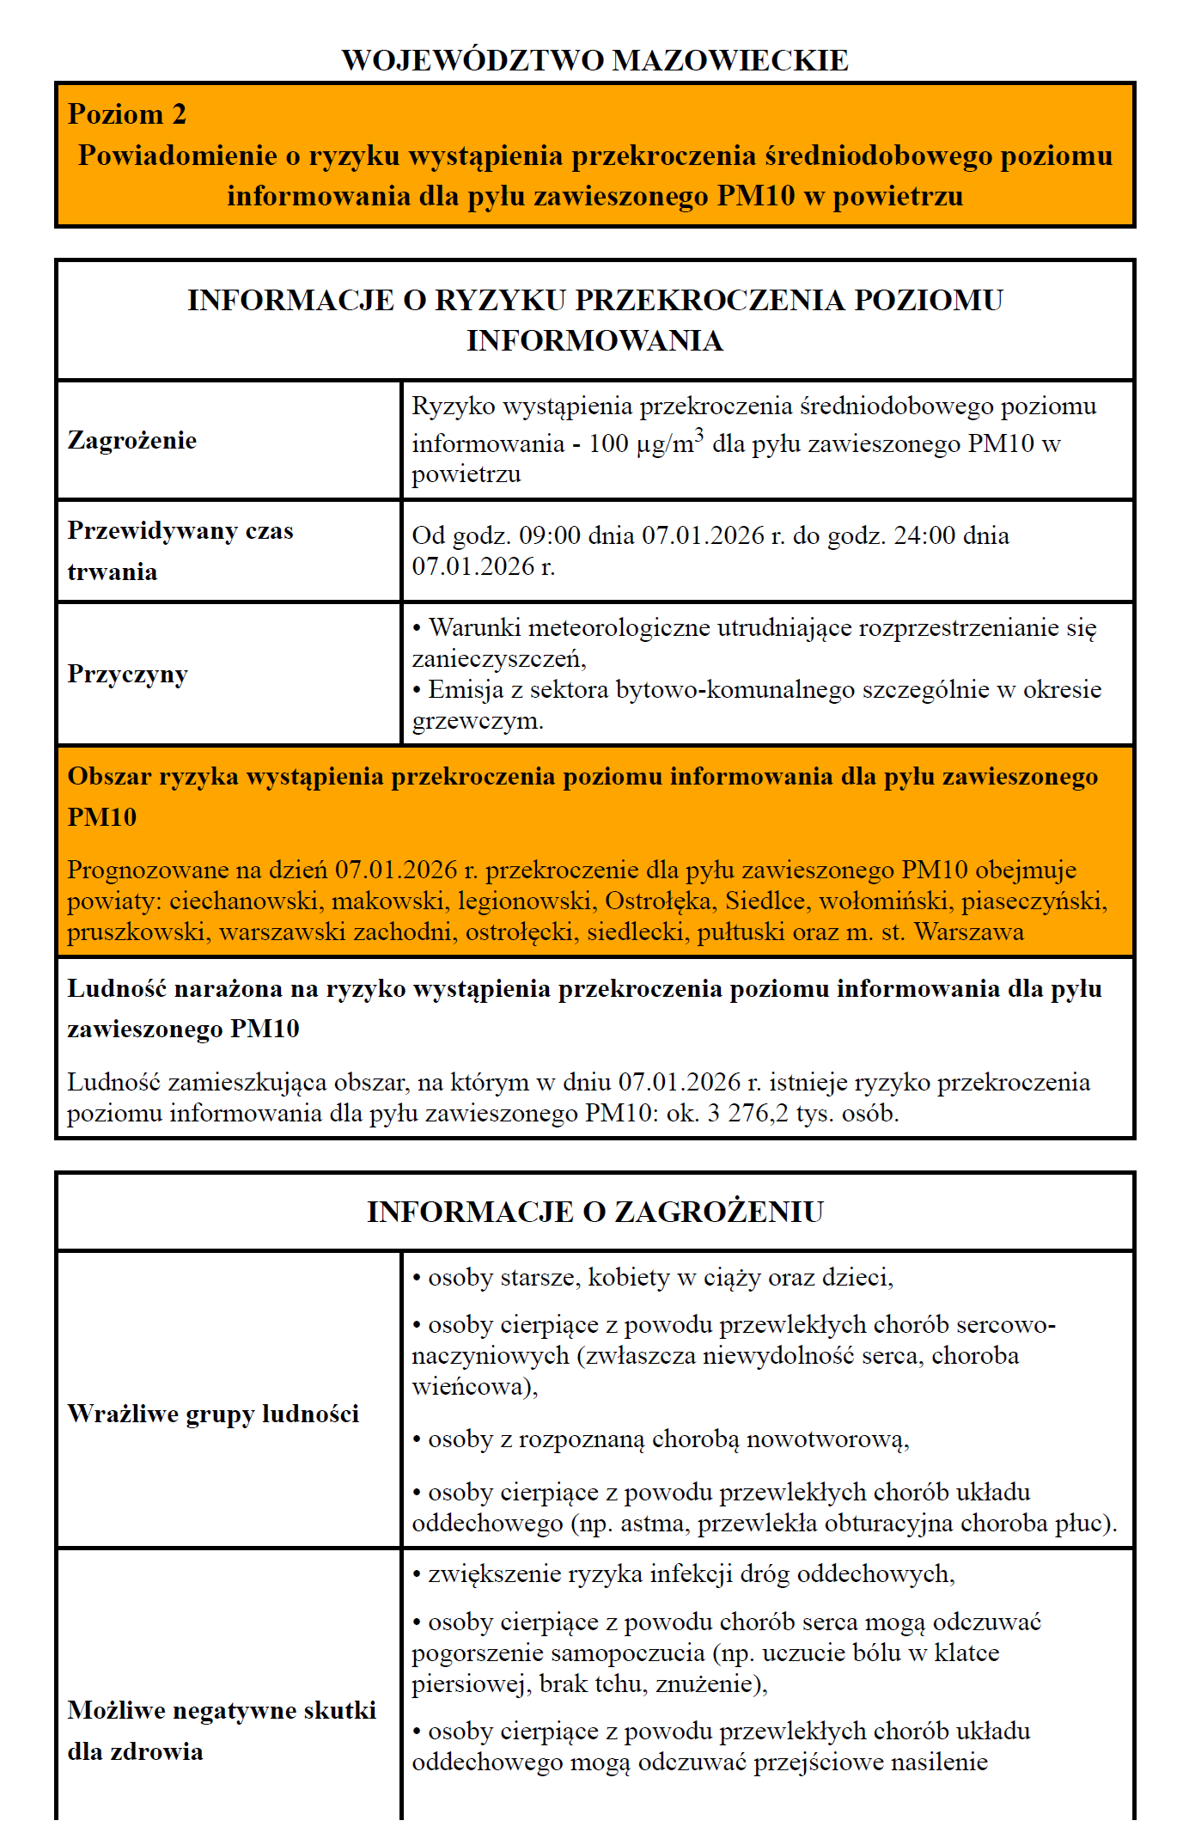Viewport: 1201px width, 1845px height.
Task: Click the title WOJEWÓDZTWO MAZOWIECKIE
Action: click(x=594, y=61)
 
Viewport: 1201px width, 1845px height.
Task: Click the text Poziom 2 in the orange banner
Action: click(x=127, y=115)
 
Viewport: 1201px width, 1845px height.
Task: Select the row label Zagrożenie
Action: click(x=132, y=441)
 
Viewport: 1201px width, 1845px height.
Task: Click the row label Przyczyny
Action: click(x=127, y=674)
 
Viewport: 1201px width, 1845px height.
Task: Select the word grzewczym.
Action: click(x=477, y=721)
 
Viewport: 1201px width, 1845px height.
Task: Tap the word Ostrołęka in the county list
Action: click(x=659, y=901)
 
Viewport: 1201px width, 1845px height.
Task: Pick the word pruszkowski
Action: click(x=138, y=932)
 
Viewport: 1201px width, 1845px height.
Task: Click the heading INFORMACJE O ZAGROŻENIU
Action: click(x=594, y=1213)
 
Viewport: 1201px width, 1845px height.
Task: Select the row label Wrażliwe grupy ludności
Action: click(x=213, y=1414)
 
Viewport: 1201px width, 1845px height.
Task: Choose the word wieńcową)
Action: click(x=474, y=1387)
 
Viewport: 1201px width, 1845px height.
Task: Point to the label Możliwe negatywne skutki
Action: click(x=222, y=1711)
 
